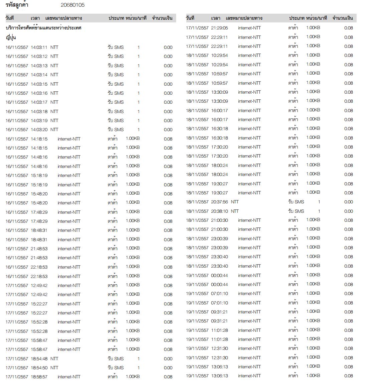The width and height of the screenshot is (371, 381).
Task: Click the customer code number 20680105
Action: pos(72,5)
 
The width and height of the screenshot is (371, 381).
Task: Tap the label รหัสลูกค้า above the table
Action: pos(17,5)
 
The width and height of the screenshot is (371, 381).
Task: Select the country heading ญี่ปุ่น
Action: pos(11,37)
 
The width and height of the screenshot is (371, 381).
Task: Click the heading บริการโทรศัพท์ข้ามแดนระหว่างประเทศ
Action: pos(43,28)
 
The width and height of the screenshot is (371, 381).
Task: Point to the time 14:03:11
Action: pos(39,47)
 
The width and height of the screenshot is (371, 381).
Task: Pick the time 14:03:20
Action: pos(39,130)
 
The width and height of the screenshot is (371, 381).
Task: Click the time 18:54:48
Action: pos(39,359)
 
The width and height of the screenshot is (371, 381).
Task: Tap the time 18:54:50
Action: pos(39,368)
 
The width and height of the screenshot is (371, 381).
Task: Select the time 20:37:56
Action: pos(219,202)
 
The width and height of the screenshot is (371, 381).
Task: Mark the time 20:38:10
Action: pos(219,211)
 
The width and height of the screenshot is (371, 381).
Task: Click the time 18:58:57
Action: pos(39,377)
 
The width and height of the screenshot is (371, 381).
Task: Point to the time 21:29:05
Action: pos(219,28)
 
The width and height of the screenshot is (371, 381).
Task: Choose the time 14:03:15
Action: pos(39,84)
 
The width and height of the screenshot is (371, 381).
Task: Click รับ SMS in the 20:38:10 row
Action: pos(296,211)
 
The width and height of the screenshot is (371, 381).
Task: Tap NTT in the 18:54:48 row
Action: pos(54,359)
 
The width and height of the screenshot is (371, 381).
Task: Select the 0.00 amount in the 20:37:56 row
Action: pos(348,202)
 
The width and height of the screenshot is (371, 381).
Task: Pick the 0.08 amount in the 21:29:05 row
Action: pos(348,28)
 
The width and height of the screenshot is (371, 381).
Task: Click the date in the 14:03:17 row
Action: pos(17,102)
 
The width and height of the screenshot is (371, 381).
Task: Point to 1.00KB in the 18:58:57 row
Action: pos(133,377)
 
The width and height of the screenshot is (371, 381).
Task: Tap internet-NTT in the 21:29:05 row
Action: pos(249,28)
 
